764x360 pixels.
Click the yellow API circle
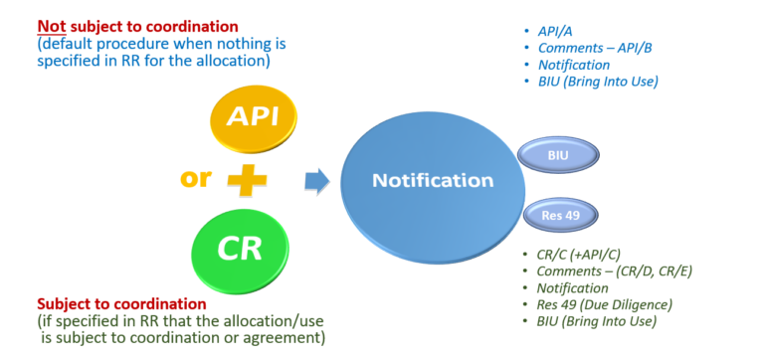coord(252,117)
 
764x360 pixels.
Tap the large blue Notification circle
coord(432,181)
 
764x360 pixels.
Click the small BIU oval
coord(558,155)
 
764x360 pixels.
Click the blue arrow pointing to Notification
coord(316,180)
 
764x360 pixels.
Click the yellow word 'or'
coord(195,180)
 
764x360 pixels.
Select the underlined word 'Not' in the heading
coord(53,24)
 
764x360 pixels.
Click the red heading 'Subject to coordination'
coord(121,303)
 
